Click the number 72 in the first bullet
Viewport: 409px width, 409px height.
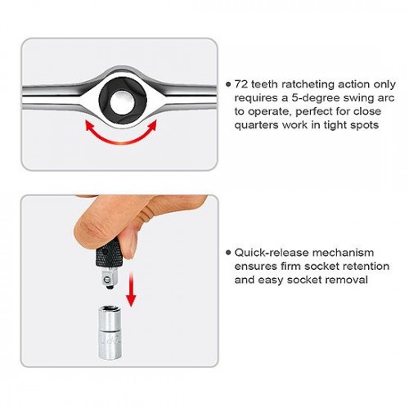click(x=241, y=84)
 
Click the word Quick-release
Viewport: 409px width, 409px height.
click(x=272, y=253)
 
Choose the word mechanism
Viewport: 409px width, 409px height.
click(x=344, y=253)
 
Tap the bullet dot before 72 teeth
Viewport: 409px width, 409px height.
click(x=228, y=84)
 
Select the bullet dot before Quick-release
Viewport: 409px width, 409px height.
click(x=228, y=253)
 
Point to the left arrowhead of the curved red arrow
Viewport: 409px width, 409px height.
click(x=90, y=126)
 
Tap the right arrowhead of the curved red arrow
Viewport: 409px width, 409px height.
click(x=153, y=125)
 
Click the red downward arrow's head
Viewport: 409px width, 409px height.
click(x=131, y=300)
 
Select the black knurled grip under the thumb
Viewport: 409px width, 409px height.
click(x=107, y=254)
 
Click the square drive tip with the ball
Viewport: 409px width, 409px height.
click(x=108, y=279)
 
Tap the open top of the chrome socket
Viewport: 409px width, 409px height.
click(x=110, y=310)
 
